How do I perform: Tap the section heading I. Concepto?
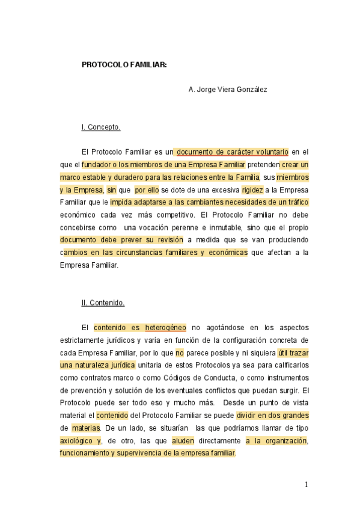point(101,127)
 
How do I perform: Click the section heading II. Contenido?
point(103,303)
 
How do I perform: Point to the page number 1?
point(306,485)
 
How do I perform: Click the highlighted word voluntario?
point(267,152)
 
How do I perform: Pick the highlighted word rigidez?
point(252,189)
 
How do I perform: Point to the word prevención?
point(86,390)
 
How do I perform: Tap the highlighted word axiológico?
point(78,441)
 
